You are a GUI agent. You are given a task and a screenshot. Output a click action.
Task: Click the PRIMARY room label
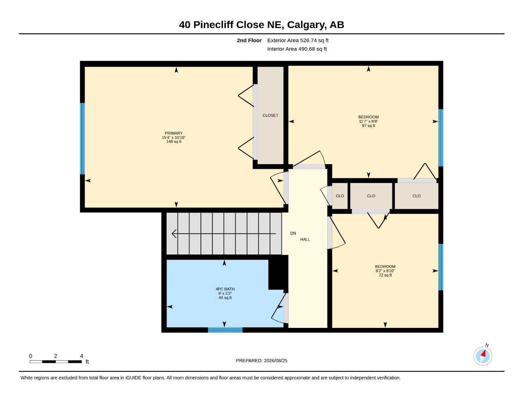[x=174, y=133]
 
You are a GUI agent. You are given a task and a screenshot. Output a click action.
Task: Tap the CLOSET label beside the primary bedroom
[x=270, y=116]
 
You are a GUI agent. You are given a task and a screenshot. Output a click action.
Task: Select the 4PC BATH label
[x=225, y=289]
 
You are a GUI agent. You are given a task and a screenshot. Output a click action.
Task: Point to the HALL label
[x=305, y=239]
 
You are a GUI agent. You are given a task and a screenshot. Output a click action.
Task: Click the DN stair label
[x=293, y=233]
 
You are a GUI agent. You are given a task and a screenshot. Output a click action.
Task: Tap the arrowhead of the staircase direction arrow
[x=174, y=234]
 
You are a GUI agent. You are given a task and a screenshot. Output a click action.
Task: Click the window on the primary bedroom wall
[x=82, y=138]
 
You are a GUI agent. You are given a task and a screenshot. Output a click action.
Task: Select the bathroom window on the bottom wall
[x=225, y=330]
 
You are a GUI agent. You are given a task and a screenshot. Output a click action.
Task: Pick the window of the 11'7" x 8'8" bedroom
[x=441, y=138]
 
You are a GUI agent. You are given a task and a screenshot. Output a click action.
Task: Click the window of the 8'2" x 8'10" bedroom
[x=441, y=267]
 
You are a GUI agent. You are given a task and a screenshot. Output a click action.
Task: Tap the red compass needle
[x=484, y=354]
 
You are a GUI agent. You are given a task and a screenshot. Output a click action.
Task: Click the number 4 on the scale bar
[x=81, y=356]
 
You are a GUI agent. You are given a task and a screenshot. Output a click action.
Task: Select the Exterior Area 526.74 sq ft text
[x=298, y=40]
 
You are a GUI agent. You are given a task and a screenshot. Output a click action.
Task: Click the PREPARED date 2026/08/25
[x=276, y=361]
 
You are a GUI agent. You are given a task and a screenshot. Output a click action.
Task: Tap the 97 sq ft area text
[x=368, y=125]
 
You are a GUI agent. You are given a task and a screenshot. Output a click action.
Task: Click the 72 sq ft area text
[x=385, y=275]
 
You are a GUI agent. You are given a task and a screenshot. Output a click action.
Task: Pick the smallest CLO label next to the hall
[x=339, y=196]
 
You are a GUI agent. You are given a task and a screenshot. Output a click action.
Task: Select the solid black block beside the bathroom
[x=278, y=272]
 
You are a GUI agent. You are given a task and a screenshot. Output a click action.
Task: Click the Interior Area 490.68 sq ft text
[x=297, y=49]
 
